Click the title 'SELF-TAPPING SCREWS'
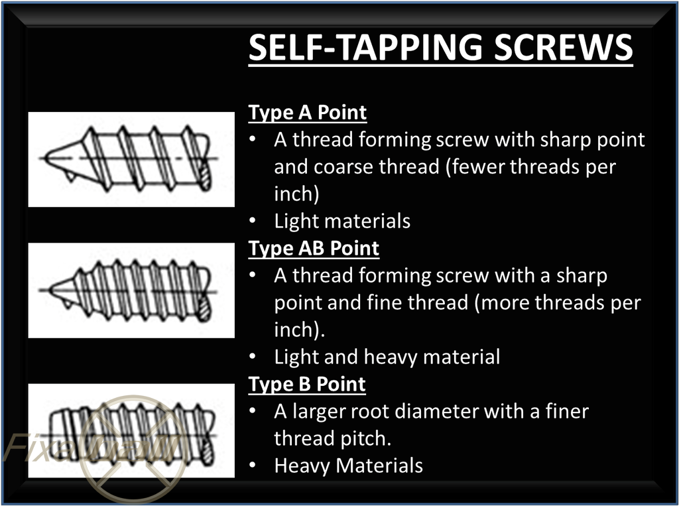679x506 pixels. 440,47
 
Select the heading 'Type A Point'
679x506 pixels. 307,113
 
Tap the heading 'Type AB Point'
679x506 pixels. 314,249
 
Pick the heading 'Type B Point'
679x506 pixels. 307,384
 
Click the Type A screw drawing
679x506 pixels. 131,159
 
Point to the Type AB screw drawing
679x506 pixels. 131,290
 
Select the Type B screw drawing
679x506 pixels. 131,430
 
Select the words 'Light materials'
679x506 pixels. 342,221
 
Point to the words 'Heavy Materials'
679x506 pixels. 348,466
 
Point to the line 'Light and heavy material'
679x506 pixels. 387,357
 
